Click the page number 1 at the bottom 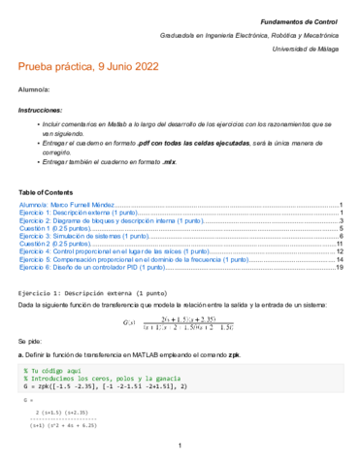pos(180,446)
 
